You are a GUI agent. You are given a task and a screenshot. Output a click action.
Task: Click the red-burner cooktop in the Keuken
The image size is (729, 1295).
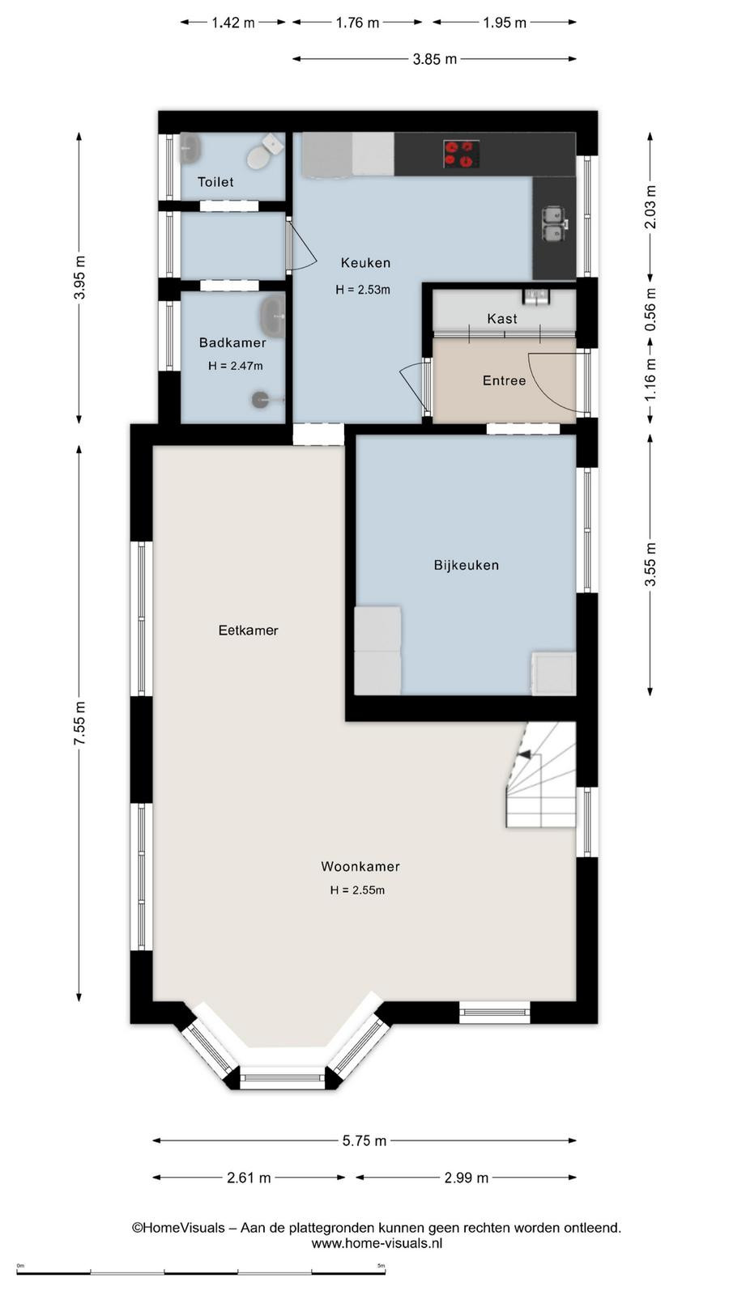pos(462,154)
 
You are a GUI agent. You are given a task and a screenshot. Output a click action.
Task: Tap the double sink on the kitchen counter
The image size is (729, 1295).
pos(555,223)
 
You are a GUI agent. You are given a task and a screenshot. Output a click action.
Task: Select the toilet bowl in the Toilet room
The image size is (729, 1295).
pos(262,151)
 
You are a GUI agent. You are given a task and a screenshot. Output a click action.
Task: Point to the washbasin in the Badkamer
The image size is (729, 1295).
pos(272,315)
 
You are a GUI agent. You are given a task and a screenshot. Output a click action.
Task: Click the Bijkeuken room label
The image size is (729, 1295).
pos(467,565)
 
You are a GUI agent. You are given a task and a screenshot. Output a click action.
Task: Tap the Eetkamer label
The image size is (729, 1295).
pos(248,631)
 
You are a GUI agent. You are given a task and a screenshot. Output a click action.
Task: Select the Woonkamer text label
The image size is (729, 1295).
pos(360,866)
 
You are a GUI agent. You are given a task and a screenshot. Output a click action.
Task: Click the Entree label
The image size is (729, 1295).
pos(505,380)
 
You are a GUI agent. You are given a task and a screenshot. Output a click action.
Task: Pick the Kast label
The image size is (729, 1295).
pos(502,319)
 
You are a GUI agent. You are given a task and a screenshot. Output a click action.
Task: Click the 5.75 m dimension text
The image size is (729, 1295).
pos(364,1140)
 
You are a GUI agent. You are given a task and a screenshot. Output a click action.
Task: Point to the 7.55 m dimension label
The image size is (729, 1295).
pos(80,724)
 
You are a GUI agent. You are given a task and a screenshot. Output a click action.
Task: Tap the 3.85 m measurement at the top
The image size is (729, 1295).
pos(434,59)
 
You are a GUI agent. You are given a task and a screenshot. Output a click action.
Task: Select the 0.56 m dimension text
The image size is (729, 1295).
pos(650,309)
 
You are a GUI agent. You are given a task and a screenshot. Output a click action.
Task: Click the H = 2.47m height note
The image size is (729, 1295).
pos(236,366)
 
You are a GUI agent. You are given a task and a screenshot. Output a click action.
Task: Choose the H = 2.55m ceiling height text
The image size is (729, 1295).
pos(357,890)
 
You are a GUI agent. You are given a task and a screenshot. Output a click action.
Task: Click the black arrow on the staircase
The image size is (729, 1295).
pos(525,754)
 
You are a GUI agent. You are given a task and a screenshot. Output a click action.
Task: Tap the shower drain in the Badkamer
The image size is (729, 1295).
pos(261,399)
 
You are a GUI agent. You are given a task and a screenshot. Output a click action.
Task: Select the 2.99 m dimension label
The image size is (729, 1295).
pos(467,1177)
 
